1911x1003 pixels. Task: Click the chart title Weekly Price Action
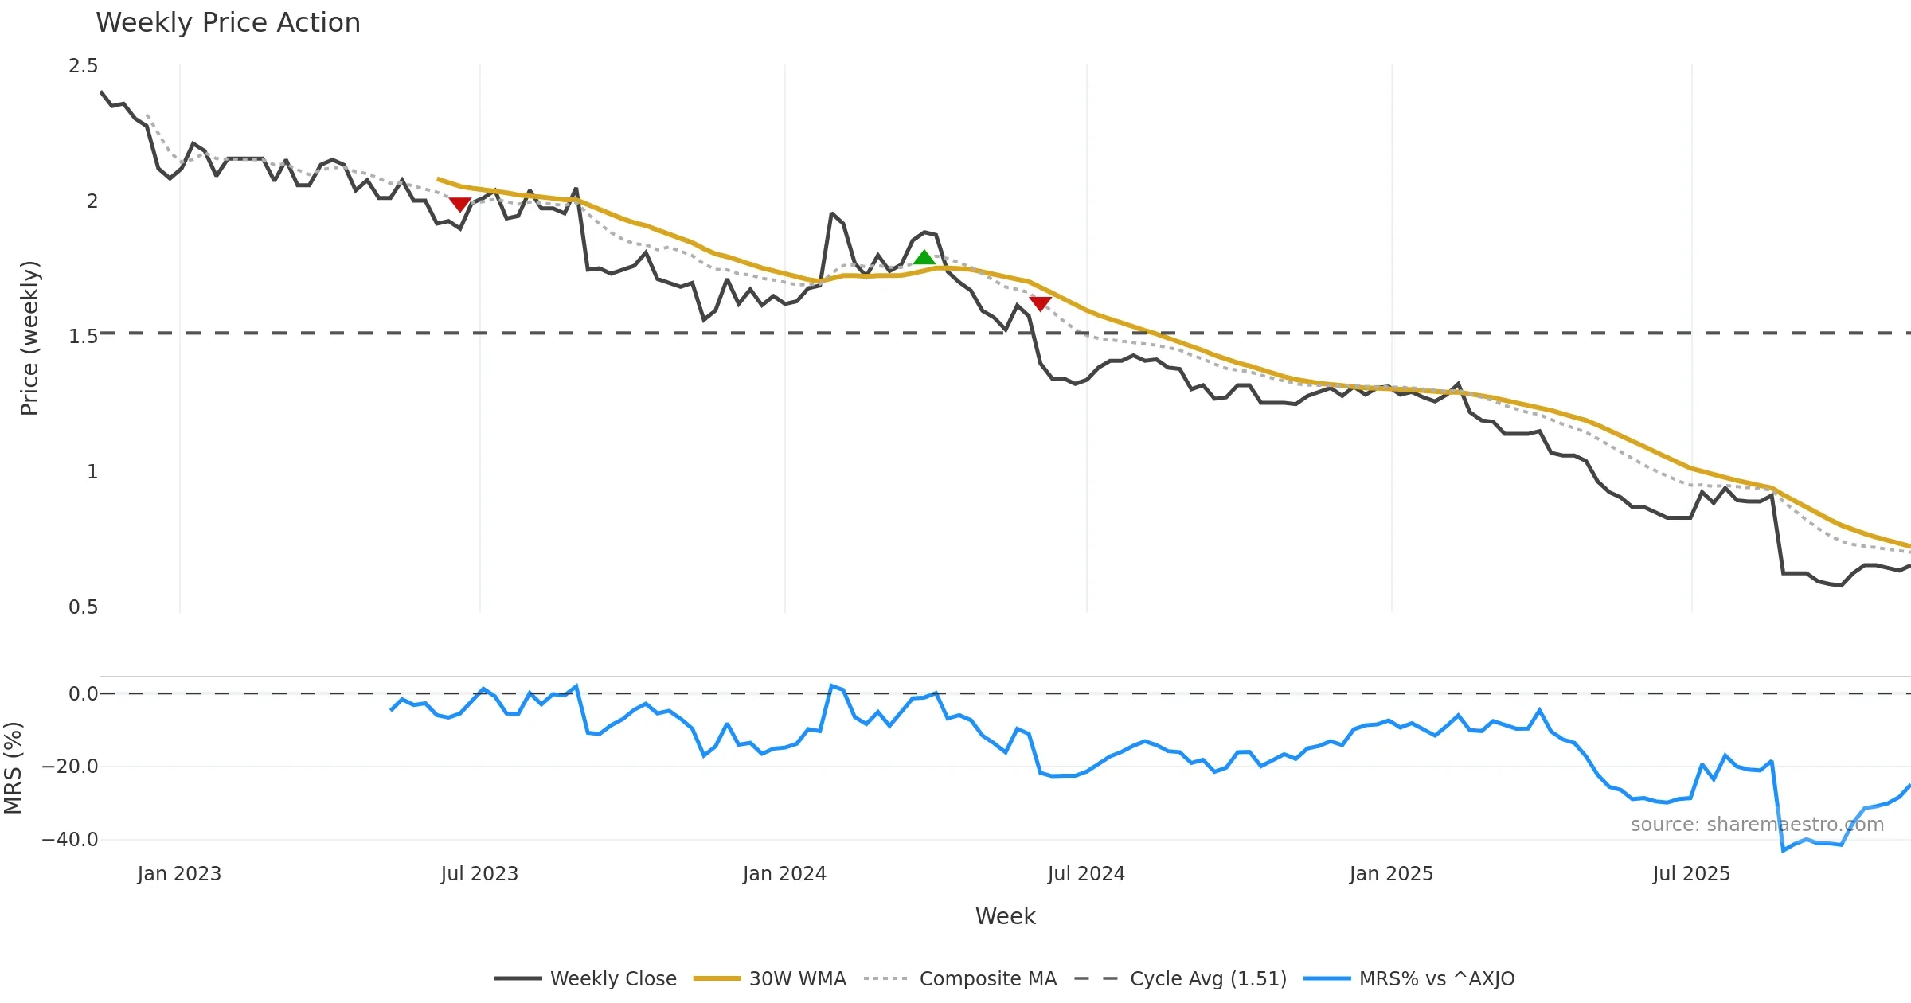point(228,23)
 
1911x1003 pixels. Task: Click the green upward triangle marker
point(924,257)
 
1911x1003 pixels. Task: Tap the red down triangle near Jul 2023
point(459,205)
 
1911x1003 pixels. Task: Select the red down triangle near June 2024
point(1040,303)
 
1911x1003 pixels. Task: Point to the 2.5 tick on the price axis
point(83,66)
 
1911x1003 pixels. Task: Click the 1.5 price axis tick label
point(83,337)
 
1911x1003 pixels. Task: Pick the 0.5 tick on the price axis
point(83,607)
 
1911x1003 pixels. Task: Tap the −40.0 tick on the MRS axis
point(70,840)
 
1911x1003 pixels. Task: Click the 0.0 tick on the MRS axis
point(83,694)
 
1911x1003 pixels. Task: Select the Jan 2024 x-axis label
point(784,874)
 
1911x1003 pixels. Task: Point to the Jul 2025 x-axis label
point(1691,874)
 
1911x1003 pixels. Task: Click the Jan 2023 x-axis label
point(179,874)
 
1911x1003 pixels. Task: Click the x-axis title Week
point(1005,916)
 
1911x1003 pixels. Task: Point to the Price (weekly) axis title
point(29,338)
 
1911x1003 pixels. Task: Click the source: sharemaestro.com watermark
point(1757,825)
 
